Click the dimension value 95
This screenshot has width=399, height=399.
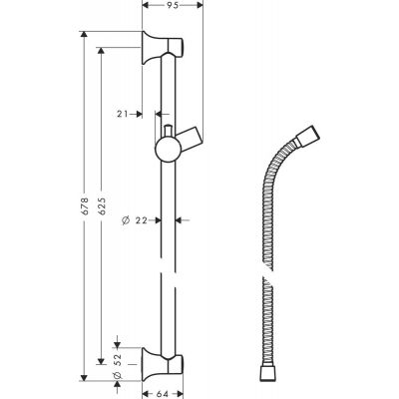click(173, 5)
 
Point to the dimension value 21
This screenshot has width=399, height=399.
click(121, 114)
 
